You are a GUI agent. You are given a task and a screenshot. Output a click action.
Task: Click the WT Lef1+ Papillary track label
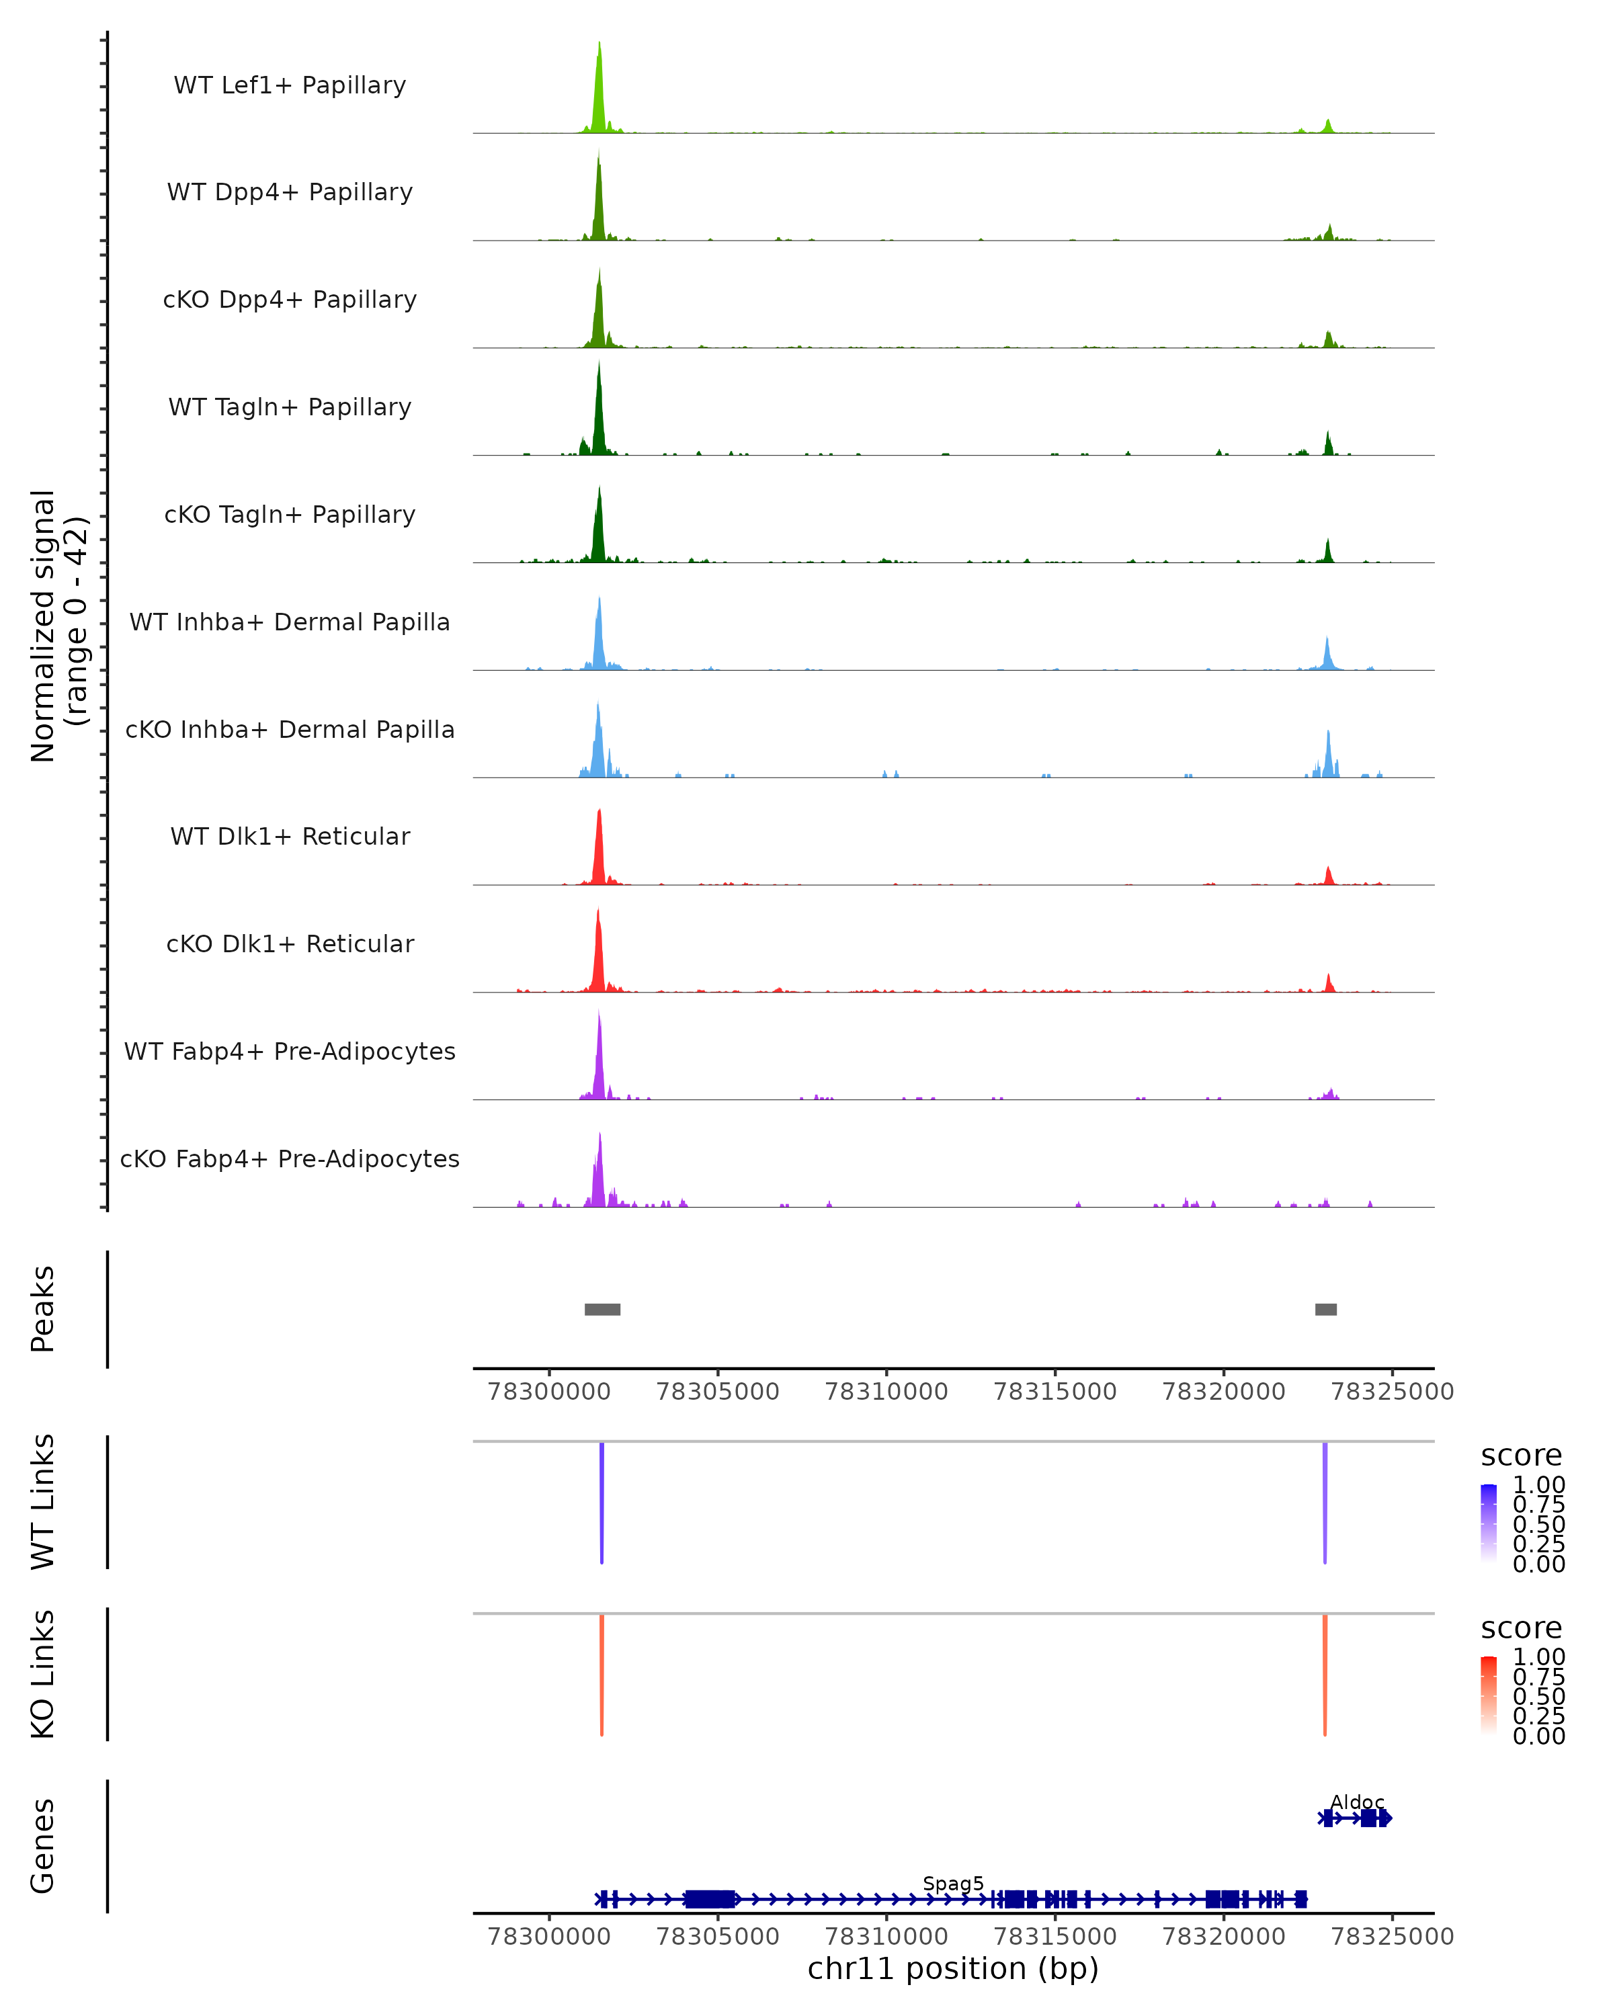pos(290,85)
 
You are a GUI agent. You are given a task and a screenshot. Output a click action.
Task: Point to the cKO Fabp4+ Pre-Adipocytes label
pos(290,1159)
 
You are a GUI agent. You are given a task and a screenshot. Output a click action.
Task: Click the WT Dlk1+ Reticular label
pos(290,836)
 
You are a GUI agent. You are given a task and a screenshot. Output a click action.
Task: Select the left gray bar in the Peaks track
pos(602,1309)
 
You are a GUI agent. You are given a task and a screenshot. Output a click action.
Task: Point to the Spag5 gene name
pos(953,1883)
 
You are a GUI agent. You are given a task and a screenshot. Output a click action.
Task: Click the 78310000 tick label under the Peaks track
pos(886,1392)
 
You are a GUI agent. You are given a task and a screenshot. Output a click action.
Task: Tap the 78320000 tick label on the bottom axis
pos(1223,1937)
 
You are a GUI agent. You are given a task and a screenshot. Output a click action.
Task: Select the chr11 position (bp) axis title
pos(953,1969)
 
